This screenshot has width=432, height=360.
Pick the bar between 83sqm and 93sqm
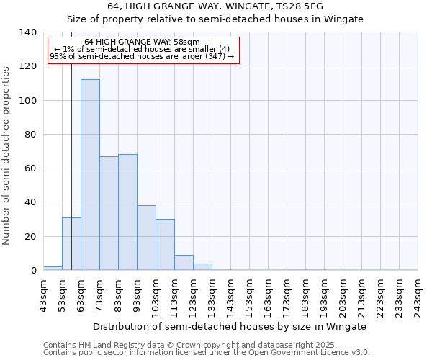pyautogui.click(x=127, y=212)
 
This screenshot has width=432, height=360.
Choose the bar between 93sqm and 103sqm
pyautogui.click(x=146, y=238)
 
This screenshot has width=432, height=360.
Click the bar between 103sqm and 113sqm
pyautogui.click(x=165, y=245)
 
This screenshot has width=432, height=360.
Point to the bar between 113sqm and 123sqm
pyautogui.click(x=184, y=263)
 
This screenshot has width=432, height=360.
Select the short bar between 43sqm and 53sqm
pyautogui.click(x=53, y=268)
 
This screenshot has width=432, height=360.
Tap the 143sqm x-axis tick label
pyautogui.click(x=230, y=297)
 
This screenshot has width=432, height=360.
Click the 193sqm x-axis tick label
pyautogui.click(x=324, y=297)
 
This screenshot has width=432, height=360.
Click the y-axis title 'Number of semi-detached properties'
pyautogui.click(x=8, y=155)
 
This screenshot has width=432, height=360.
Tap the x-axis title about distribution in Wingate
pyautogui.click(x=230, y=326)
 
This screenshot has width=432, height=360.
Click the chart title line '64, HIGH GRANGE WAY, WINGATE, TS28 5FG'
pyautogui.click(x=215, y=6)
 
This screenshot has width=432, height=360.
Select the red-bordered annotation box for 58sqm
pyautogui.click(x=142, y=50)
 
